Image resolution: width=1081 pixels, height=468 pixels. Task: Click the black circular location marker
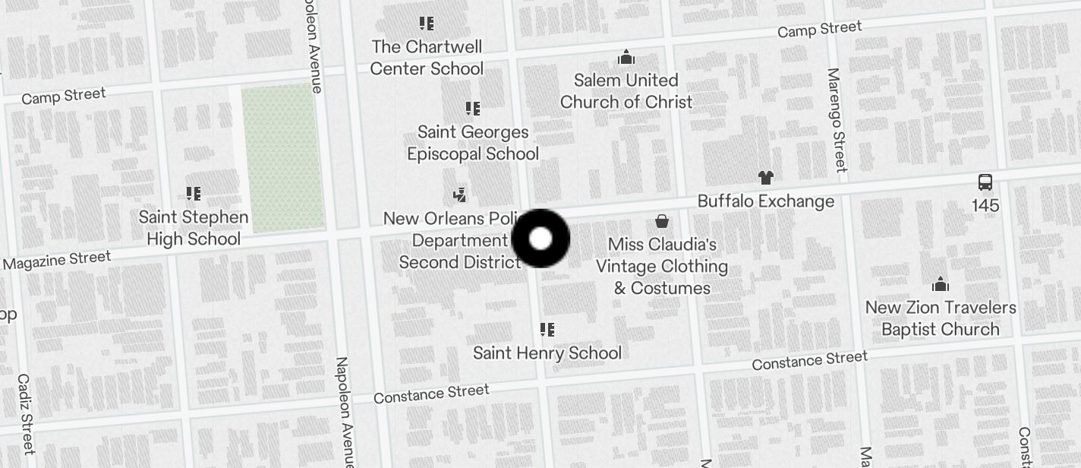click(x=540, y=239)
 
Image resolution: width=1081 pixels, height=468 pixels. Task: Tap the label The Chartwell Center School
click(x=427, y=58)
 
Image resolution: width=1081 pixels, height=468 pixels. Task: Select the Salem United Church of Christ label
click(x=626, y=91)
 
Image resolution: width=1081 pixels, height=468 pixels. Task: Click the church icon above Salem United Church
click(x=626, y=57)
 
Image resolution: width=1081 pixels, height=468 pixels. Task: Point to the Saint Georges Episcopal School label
click(x=473, y=143)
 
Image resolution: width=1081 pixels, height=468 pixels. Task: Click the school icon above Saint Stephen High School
click(x=193, y=194)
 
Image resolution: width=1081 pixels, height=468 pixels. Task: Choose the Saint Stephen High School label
click(x=193, y=228)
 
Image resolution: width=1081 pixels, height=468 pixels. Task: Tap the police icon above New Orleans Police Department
click(x=459, y=195)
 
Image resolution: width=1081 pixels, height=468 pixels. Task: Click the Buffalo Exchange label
click(x=765, y=201)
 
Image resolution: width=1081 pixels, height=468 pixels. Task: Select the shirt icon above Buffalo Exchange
click(x=765, y=178)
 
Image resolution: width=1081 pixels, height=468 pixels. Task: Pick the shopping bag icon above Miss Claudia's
click(x=662, y=221)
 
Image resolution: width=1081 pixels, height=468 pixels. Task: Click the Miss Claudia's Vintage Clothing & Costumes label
click(x=662, y=266)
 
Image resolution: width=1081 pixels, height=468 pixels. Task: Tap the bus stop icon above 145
click(x=985, y=182)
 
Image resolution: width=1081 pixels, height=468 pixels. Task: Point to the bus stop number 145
click(x=985, y=206)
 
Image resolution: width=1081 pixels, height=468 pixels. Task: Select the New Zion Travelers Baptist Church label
click(x=941, y=318)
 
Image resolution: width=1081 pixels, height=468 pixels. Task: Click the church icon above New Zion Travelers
click(x=941, y=285)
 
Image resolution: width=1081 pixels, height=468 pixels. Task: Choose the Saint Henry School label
click(x=547, y=353)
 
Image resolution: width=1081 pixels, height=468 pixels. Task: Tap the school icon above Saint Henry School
click(x=547, y=330)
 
